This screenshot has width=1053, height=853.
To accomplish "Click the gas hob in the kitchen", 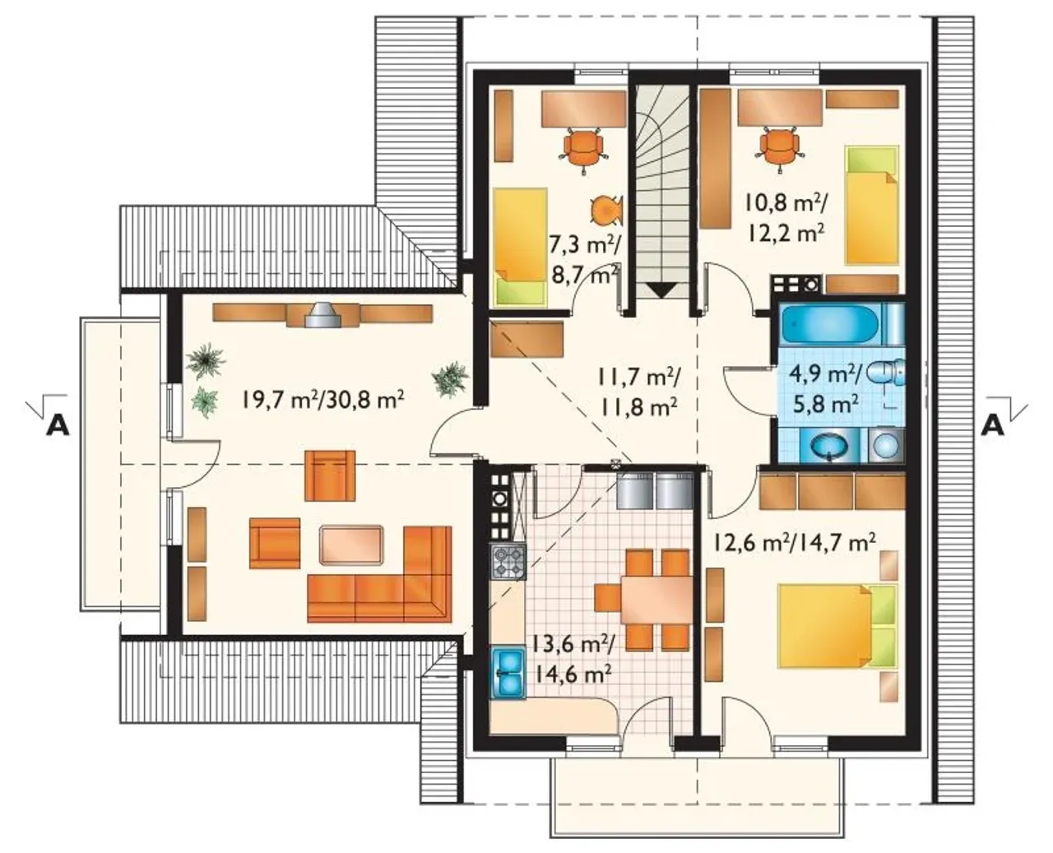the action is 508,562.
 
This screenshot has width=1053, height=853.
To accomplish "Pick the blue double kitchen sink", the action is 508,671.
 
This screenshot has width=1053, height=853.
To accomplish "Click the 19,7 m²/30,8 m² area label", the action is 323,400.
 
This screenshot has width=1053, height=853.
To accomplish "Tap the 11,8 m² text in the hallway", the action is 638,408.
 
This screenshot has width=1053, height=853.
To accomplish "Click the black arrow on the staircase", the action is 662,290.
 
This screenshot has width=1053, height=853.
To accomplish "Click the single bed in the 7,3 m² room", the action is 521,246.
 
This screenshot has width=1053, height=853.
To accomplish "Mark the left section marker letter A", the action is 58,426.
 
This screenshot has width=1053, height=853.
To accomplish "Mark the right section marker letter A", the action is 993,426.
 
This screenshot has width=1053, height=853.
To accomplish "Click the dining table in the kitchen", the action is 656,598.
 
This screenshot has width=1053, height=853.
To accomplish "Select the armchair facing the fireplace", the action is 330,475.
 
